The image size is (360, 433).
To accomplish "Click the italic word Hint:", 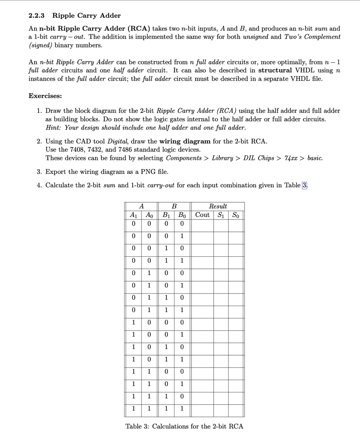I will [54, 127].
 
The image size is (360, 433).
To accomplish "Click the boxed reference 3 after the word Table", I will [305, 185].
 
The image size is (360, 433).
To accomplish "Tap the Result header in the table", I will [218, 206].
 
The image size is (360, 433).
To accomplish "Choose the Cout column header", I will [202, 214].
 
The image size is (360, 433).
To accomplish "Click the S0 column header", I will [236, 214].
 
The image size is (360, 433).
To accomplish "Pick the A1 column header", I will [133, 214].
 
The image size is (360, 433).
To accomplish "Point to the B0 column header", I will [182, 214].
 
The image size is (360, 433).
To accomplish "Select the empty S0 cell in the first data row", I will [236, 223].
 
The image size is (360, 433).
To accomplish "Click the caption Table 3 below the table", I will [184, 426].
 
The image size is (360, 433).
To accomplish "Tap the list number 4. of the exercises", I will [39, 185].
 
